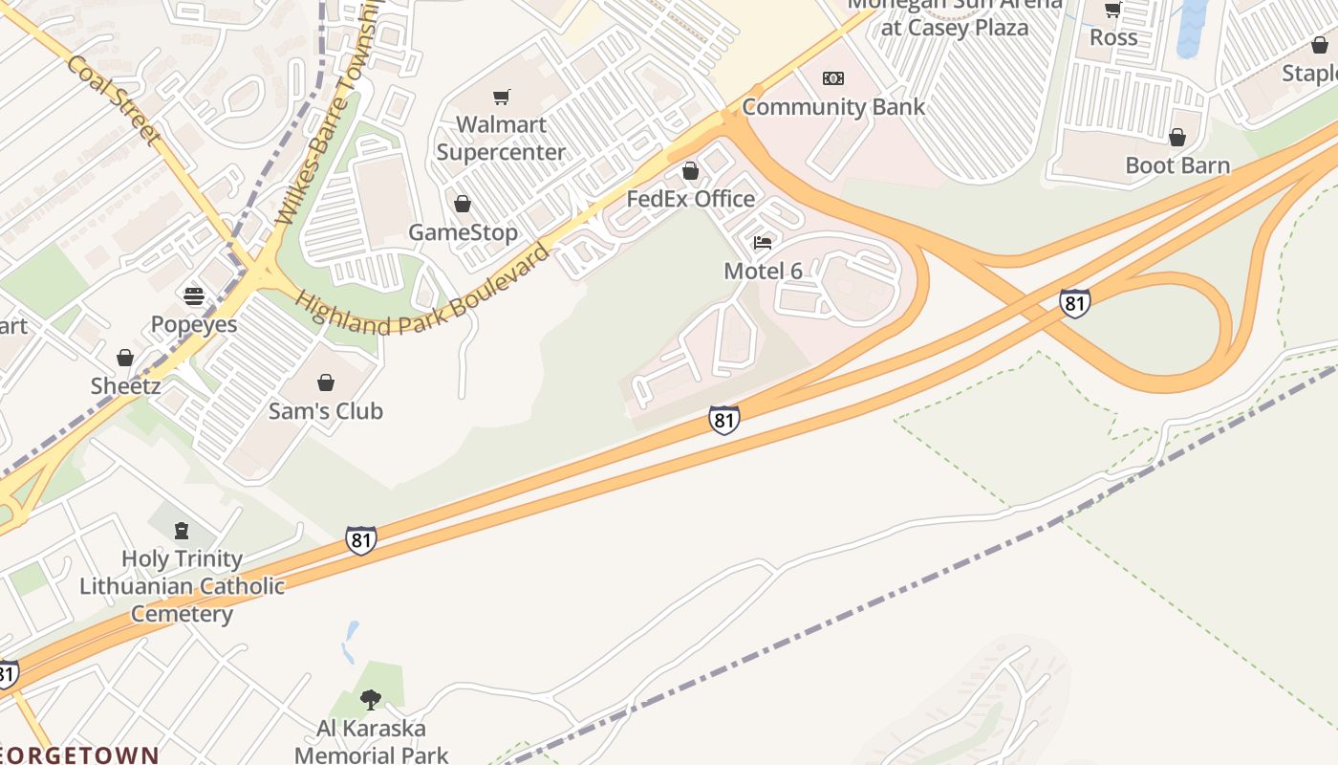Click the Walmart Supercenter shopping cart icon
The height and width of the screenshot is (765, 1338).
pyautogui.click(x=502, y=97)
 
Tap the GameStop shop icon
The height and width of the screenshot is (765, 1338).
pyautogui.click(x=463, y=204)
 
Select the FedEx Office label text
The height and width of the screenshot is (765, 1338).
pyautogui.click(x=690, y=199)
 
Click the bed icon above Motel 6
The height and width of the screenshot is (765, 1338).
pyautogui.click(x=763, y=243)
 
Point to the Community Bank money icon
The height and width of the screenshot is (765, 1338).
pyautogui.click(x=833, y=78)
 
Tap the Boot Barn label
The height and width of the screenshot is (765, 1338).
pyautogui.click(x=1177, y=165)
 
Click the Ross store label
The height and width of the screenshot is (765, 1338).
pyautogui.click(x=1113, y=37)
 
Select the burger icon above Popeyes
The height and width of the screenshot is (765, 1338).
pyautogui.click(x=194, y=295)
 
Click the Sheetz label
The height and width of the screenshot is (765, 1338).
pyautogui.click(x=125, y=386)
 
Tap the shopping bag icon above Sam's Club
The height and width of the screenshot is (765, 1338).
pyautogui.click(x=326, y=382)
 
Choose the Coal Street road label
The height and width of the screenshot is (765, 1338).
pyautogui.click(x=113, y=99)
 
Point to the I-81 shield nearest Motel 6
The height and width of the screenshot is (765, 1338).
pyautogui.click(x=723, y=419)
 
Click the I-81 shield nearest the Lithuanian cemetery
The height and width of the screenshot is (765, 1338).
pyautogui.click(x=360, y=539)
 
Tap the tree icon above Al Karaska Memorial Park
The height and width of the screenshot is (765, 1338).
pyautogui.click(x=371, y=700)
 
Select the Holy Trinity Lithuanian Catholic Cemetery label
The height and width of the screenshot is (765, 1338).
pyautogui.click(x=182, y=586)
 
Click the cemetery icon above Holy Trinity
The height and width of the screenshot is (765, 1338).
pyautogui.click(x=182, y=530)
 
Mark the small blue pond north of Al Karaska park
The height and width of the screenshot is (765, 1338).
pyautogui.click(x=350, y=642)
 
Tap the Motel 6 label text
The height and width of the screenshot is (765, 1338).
pyautogui.click(x=763, y=271)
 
